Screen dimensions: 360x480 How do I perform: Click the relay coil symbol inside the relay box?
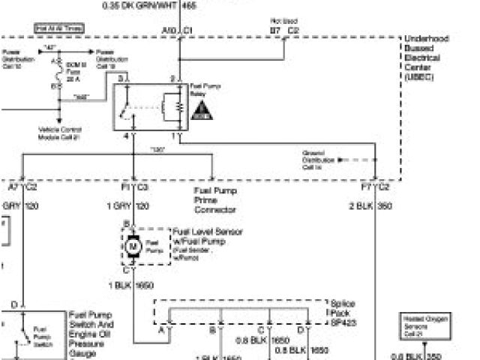(x=176, y=104)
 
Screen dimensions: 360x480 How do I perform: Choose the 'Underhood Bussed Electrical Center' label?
(x=427, y=57)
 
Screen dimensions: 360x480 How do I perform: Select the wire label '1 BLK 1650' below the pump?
(x=131, y=286)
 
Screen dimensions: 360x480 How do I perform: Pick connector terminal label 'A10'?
(x=168, y=31)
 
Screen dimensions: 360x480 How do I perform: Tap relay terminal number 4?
(x=127, y=136)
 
